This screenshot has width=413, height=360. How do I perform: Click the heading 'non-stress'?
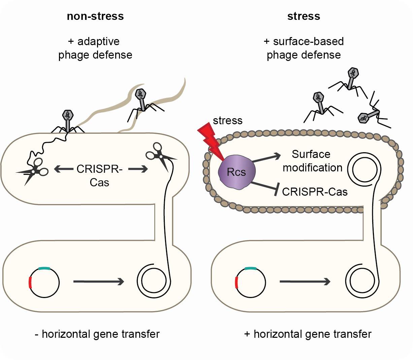pos(95,16)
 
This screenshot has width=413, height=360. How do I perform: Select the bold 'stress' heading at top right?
pos(304,16)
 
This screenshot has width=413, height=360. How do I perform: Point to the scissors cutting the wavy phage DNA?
pos(33,170)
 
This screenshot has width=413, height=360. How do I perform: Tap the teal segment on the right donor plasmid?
pos(250,268)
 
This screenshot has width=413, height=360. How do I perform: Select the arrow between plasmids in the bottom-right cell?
pos(305,282)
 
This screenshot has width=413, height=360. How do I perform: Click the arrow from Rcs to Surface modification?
pos(266,158)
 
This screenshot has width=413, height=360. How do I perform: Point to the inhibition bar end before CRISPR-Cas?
pos(276,191)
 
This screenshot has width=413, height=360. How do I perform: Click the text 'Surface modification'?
pos(312,161)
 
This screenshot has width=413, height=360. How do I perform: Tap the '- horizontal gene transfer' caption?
pos(97,334)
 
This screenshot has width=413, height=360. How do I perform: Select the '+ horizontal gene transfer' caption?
pos(308,334)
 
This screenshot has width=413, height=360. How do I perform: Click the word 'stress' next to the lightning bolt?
pos(228,121)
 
